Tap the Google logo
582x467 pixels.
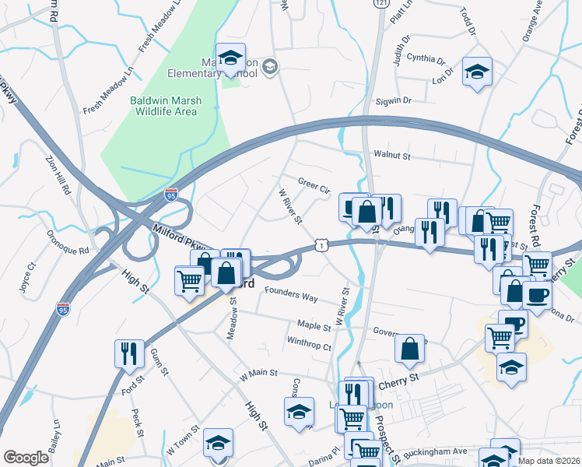(x=26, y=458)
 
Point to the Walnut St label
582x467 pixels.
(x=391, y=156)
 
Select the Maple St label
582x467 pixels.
(x=314, y=324)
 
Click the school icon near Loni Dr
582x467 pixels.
(x=477, y=72)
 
